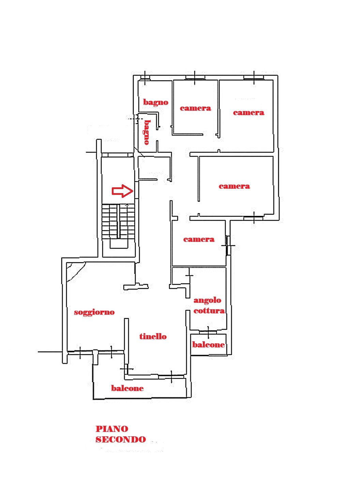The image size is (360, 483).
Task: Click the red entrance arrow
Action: pyautogui.click(x=122, y=191)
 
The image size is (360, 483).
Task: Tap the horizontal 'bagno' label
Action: pyautogui.click(x=156, y=102)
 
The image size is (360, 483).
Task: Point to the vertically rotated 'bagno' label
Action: pyautogui.click(x=147, y=132)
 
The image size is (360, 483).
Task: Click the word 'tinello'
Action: pyautogui.click(x=153, y=337)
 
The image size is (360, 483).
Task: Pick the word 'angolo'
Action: pyautogui.click(x=207, y=301)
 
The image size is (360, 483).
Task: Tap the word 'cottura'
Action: pyautogui.click(x=209, y=311)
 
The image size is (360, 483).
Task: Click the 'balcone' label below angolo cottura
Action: pyautogui.click(x=208, y=344)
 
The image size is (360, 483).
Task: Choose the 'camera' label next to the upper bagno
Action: pyautogui.click(x=195, y=108)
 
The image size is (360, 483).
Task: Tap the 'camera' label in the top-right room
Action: pyautogui.click(x=249, y=113)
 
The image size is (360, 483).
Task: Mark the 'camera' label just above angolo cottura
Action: pyautogui.click(x=199, y=239)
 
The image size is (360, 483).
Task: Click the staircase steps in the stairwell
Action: pyautogui.click(x=118, y=221)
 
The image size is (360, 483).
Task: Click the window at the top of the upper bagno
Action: pyautogui.click(x=145, y=77)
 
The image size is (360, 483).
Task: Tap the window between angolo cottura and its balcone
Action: pyautogui.click(x=208, y=332)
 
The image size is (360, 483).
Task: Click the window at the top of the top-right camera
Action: pyautogui.click(x=254, y=77)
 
